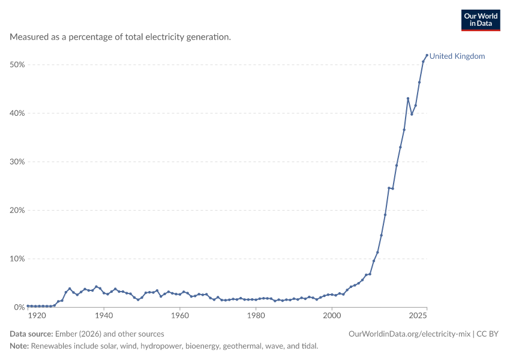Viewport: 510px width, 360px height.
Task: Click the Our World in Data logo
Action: click(481, 20)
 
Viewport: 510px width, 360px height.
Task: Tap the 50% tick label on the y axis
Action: click(17, 65)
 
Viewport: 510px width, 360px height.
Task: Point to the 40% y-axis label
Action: click(17, 113)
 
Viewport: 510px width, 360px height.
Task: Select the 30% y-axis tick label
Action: click(17, 161)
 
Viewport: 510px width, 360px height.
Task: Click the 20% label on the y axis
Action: click(17, 210)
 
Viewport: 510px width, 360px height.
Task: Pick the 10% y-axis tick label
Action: click(17, 259)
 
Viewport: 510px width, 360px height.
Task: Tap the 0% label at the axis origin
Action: click(19, 307)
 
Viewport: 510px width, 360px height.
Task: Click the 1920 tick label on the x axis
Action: click(37, 316)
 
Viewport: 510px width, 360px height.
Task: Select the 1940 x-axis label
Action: click(104, 316)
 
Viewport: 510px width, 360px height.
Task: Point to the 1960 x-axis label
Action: click(180, 316)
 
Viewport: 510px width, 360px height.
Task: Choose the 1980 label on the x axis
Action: click(256, 316)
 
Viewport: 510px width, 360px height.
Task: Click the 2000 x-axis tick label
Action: click(332, 316)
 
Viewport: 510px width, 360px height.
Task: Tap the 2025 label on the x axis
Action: click(418, 316)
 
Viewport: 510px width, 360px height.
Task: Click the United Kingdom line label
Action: click(457, 56)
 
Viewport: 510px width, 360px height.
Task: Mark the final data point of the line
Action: click(427, 55)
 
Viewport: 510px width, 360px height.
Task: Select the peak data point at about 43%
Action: click(408, 98)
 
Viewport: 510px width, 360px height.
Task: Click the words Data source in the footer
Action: click(31, 334)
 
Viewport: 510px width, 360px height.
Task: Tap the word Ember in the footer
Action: click(66, 334)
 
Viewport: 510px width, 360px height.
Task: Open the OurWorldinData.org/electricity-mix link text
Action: click(409, 334)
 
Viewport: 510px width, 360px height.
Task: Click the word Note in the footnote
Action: click(19, 346)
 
